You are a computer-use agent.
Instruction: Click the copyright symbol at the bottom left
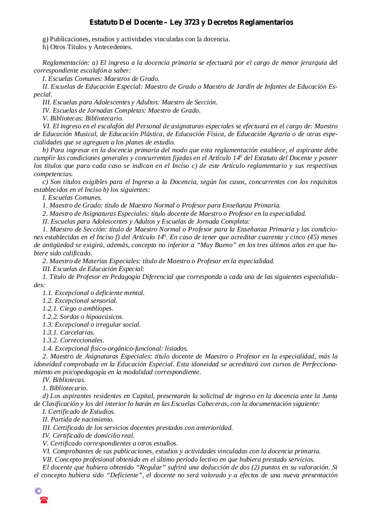[38, 491]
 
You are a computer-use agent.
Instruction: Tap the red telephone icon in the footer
[44, 500]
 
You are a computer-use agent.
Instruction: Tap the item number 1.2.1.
[50, 309]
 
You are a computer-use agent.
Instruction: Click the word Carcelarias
[77, 332]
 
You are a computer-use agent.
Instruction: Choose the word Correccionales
[82, 340]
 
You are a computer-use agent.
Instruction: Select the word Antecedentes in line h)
[113, 47]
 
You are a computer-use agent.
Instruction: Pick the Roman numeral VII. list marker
[47, 460]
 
